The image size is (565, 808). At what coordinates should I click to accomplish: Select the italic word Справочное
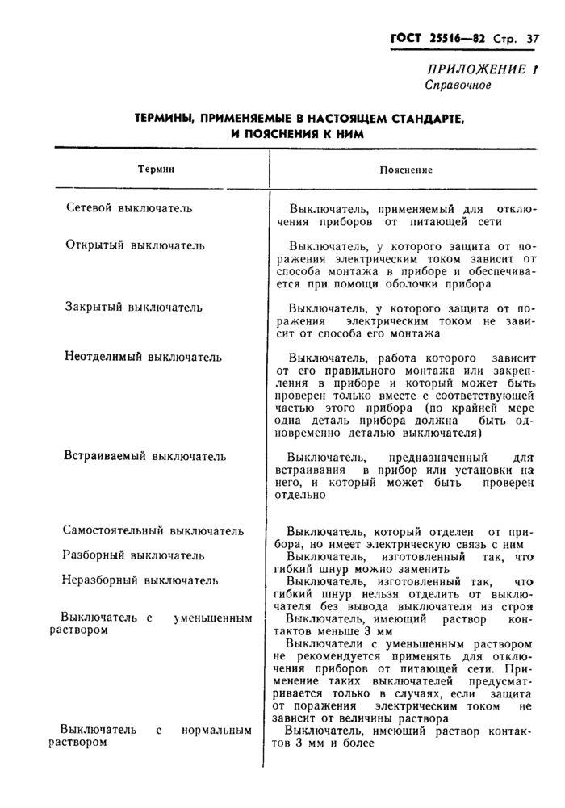click(x=458, y=85)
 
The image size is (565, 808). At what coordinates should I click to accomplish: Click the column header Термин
click(x=157, y=170)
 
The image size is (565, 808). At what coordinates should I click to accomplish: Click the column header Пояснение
click(x=406, y=170)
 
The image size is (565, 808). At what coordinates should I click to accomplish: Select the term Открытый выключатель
click(x=135, y=245)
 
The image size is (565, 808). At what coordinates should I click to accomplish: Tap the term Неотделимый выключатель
click(x=143, y=357)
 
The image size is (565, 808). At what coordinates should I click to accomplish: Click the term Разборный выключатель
click(x=134, y=555)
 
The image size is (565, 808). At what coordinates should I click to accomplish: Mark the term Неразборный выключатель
click(x=140, y=580)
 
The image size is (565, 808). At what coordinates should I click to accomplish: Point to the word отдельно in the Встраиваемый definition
click(x=300, y=495)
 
